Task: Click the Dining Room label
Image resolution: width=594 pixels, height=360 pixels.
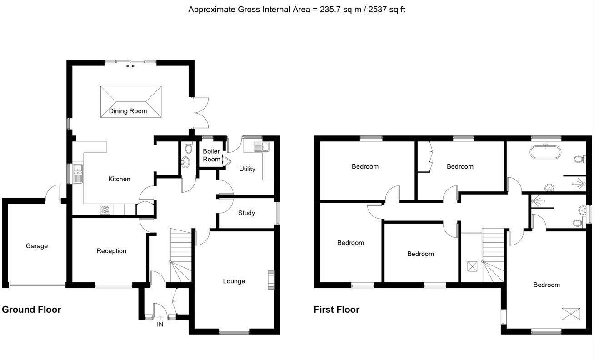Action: [128, 111]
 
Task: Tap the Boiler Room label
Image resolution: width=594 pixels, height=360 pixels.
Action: [211, 155]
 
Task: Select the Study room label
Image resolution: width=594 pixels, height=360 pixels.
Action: [246, 213]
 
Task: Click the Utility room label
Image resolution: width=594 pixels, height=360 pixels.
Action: [247, 169]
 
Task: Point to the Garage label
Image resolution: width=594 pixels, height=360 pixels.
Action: [37, 246]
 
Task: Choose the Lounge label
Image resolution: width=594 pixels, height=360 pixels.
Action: [234, 281]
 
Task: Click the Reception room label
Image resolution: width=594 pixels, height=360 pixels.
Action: [111, 251]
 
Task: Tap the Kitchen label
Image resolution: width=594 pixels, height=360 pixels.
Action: [119, 179]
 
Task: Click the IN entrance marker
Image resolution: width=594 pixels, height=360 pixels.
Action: [160, 324]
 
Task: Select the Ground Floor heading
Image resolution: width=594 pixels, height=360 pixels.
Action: [31, 310]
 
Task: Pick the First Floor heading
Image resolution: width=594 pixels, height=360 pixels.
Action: [336, 310]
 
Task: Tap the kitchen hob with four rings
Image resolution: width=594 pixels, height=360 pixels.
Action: [105, 210]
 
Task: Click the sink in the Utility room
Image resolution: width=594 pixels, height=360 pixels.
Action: [261, 147]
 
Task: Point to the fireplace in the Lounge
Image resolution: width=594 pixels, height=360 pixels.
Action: [271, 280]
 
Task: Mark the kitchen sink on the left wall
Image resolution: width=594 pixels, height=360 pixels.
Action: [77, 174]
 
